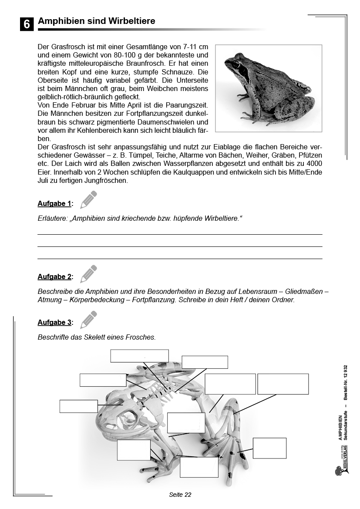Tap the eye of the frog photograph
[x=236, y=65]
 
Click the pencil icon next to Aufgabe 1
[x=88, y=199]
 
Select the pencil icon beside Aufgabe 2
[x=88, y=273]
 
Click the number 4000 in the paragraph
[x=313, y=163]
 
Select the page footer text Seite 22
[x=180, y=495]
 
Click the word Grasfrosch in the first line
[x=67, y=47]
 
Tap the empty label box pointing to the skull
[x=78, y=406]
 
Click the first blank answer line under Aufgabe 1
[x=180, y=234]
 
